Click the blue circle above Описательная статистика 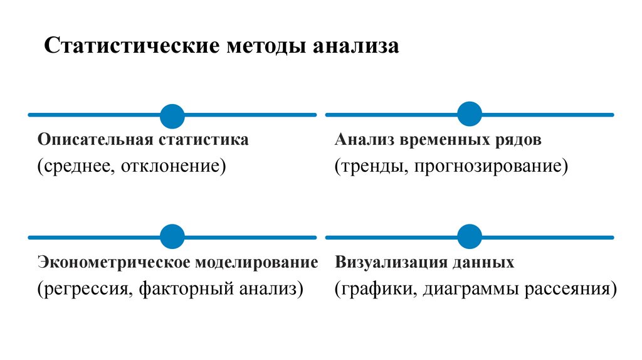pos(172,116)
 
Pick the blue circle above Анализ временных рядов pos(469,114)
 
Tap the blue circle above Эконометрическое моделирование pos(172,237)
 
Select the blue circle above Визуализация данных pos(469,236)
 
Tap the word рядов pos(520,140)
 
